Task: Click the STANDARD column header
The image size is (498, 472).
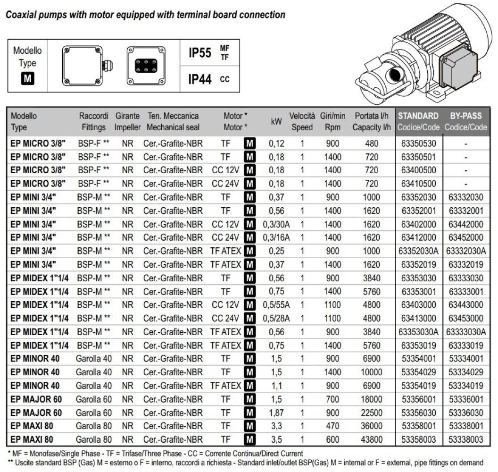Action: coord(418,116)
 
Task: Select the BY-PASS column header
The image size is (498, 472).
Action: coord(465,116)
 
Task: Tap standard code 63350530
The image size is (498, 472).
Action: coord(418,143)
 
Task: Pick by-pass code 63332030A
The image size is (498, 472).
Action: coord(466,251)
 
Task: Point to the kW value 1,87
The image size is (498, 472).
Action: coord(276,413)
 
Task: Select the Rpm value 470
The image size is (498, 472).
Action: coord(332,426)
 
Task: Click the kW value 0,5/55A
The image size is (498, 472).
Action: coord(276,304)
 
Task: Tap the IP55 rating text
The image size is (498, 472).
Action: coord(200,53)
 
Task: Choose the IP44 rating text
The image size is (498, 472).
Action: coord(200,79)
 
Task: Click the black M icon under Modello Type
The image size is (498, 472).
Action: coord(27,78)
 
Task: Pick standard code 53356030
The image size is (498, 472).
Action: coord(418,413)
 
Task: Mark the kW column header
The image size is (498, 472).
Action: coord(276,121)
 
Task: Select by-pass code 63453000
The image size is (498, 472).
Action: coord(466,318)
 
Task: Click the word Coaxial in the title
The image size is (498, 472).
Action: coord(22,15)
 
